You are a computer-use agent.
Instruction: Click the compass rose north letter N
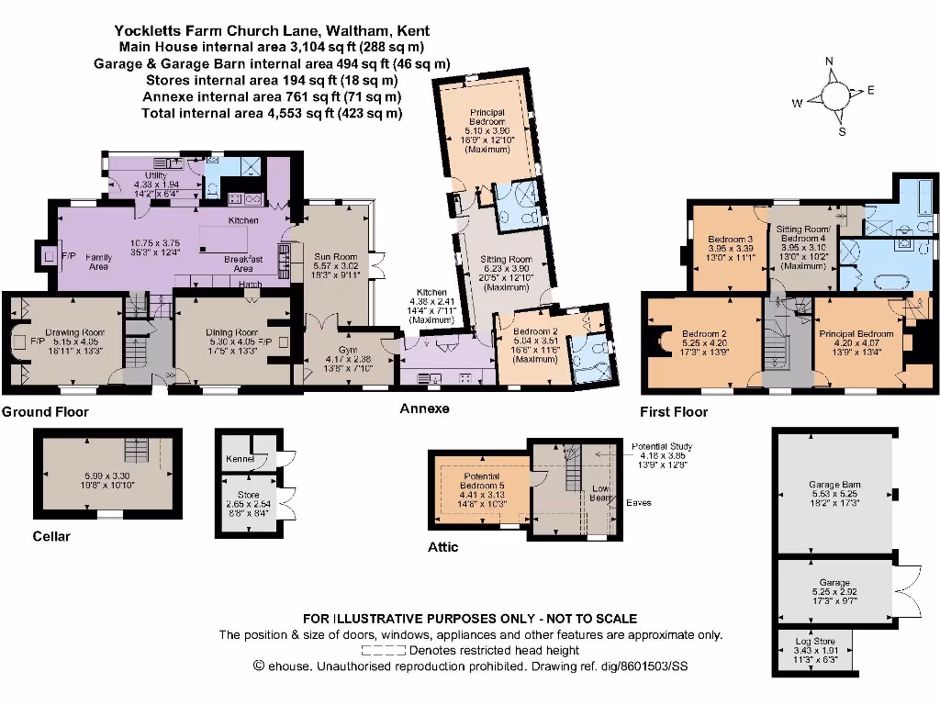tap(829, 62)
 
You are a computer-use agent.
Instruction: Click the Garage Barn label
tap(834, 484)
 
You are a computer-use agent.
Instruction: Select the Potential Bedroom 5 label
tap(481, 479)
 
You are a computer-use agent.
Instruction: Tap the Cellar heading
tap(51, 536)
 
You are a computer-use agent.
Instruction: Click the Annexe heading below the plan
tap(424, 408)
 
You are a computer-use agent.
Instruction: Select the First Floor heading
tap(674, 412)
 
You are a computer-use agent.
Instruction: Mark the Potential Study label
tap(662, 446)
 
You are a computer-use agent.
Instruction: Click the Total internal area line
tap(272, 113)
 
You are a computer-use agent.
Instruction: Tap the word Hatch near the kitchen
tap(251, 284)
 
